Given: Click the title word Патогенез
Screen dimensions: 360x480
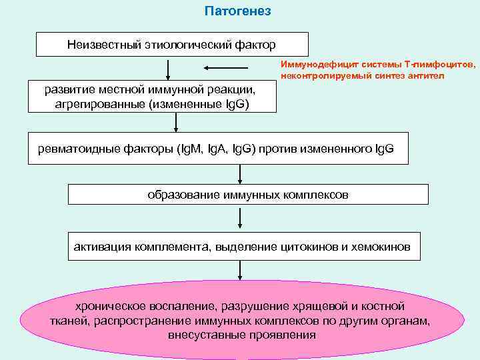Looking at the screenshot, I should pos(238,12).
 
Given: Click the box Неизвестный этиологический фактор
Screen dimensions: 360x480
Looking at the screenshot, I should pos(171,45).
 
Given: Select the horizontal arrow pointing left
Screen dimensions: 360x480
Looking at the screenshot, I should pos(226,67).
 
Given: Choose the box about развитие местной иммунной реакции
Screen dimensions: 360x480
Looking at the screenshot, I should pos(149,96).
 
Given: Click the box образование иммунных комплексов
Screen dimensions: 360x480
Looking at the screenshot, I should pos(248,194).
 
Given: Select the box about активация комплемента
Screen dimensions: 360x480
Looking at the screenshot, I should pos(243,246).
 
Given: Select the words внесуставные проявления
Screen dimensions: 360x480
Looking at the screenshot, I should pos(242,333).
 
